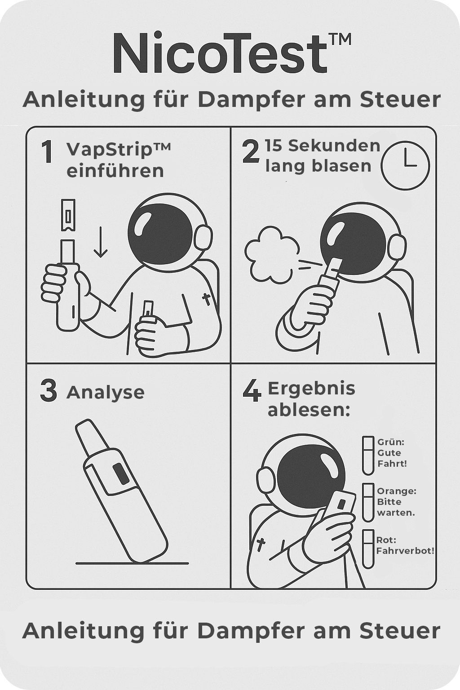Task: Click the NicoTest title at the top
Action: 232,53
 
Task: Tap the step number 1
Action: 48,151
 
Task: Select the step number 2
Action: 251,151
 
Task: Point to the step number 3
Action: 49,390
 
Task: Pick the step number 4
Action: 252,390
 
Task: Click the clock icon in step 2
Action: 405,165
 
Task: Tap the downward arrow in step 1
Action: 101,242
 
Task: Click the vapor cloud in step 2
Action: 272,254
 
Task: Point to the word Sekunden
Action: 334,146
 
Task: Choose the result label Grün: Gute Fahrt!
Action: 392,452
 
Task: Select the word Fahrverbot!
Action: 405,550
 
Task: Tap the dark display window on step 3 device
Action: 121,473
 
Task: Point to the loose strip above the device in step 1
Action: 68,215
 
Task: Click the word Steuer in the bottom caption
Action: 400,631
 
